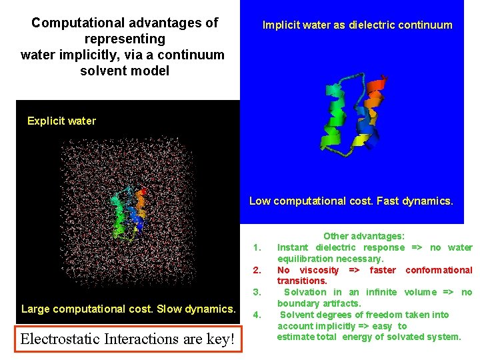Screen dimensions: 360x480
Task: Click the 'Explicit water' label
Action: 61,121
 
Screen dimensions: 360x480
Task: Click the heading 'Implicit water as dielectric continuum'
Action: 357,25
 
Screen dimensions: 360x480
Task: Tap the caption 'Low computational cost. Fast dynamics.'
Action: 351,201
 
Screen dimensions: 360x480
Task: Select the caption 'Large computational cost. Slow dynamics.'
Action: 129,309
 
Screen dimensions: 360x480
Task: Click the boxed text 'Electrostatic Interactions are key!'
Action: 127,339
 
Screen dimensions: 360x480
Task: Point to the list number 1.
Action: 257,248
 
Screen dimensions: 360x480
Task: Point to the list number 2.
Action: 257,270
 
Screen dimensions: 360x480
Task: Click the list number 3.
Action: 257,292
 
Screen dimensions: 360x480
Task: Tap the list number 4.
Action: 257,315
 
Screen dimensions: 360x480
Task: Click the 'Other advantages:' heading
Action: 364,236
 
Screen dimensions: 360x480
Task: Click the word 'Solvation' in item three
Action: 305,292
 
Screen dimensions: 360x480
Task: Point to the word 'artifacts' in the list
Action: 340,303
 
